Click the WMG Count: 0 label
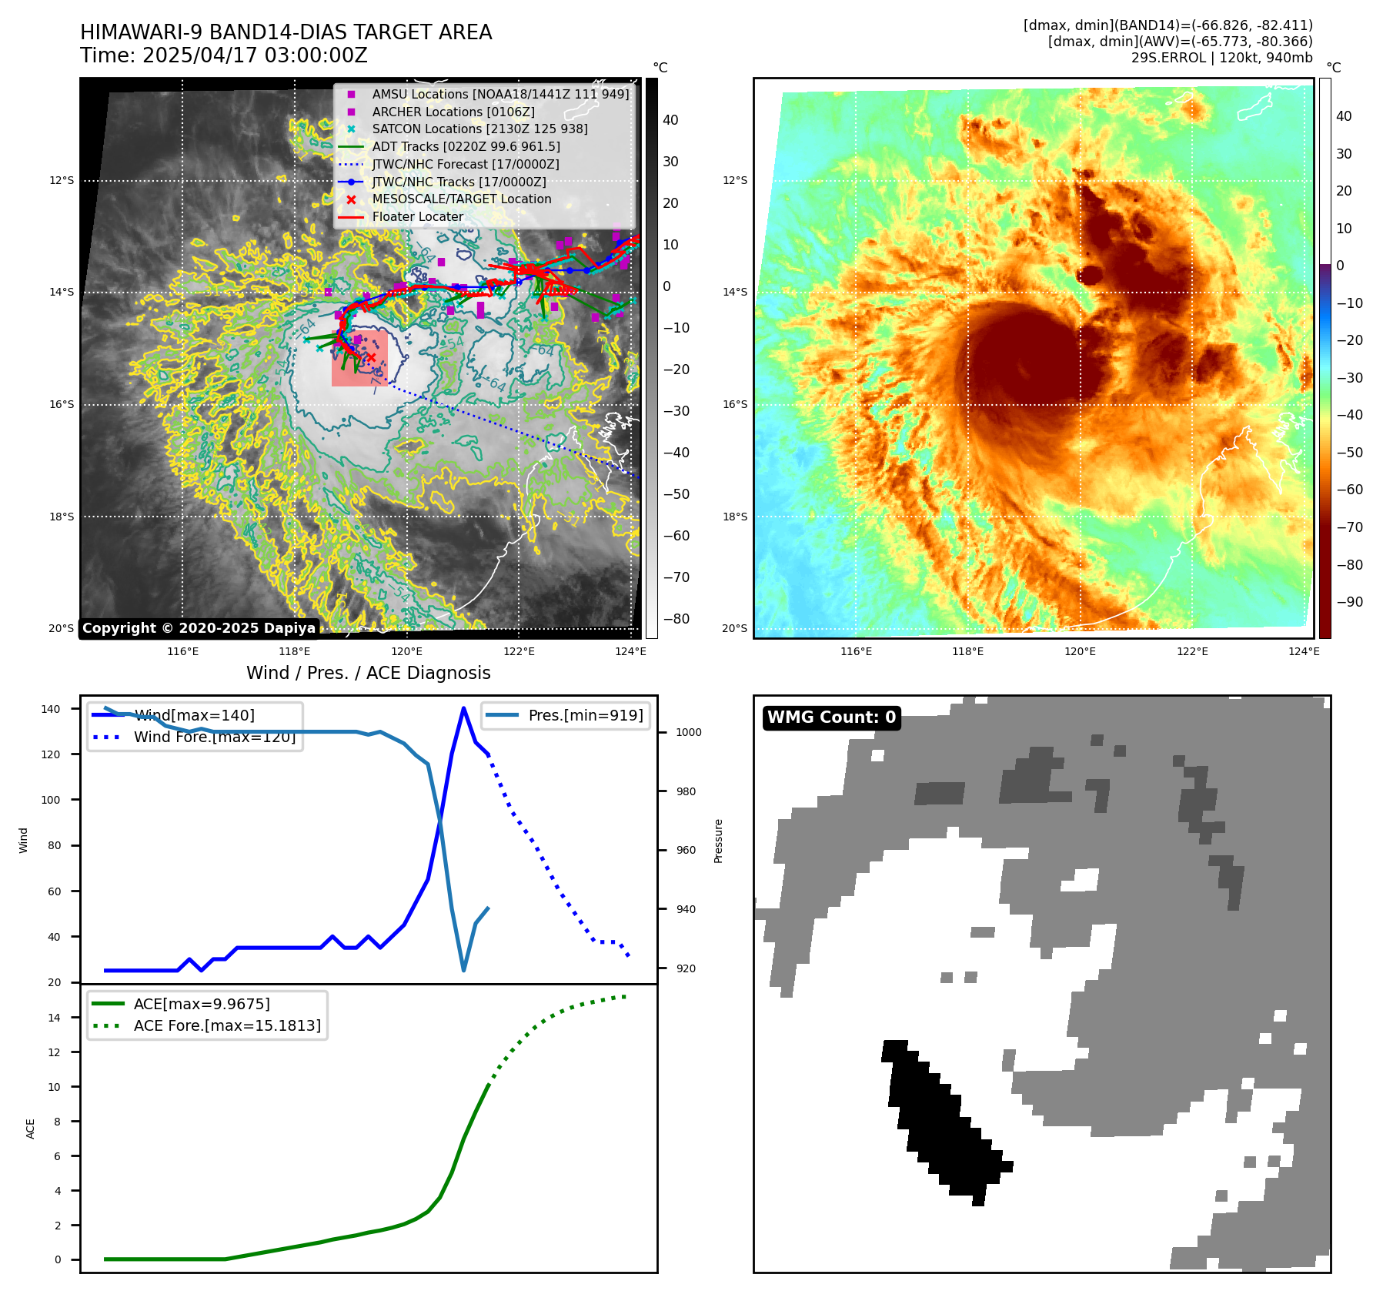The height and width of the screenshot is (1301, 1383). (x=831, y=717)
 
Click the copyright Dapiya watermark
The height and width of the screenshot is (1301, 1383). (x=199, y=628)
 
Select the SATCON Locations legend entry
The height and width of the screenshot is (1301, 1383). (x=479, y=129)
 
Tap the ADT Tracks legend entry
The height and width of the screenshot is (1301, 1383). (x=466, y=146)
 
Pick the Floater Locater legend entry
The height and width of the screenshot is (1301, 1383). (x=417, y=217)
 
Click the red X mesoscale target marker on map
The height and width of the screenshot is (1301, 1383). (x=371, y=357)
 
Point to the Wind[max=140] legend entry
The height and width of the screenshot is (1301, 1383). (x=194, y=715)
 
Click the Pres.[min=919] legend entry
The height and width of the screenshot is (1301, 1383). (x=585, y=715)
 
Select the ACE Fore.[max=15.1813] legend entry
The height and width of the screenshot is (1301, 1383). (x=227, y=1025)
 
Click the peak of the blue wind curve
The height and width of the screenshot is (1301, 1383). (x=463, y=708)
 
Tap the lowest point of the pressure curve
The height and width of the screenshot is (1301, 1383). (x=463, y=970)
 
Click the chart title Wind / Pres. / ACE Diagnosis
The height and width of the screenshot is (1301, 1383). (x=368, y=673)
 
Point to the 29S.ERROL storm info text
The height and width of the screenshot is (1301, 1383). (x=1221, y=58)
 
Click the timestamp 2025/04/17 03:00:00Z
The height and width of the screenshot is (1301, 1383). (x=255, y=56)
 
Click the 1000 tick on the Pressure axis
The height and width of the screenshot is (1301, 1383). (x=688, y=732)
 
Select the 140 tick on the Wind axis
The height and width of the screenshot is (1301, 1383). (x=50, y=709)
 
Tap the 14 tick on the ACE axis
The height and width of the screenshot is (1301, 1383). (x=54, y=1018)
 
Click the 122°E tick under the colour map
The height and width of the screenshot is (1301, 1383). (x=1192, y=651)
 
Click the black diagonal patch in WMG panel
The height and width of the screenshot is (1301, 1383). (x=943, y=1121)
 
